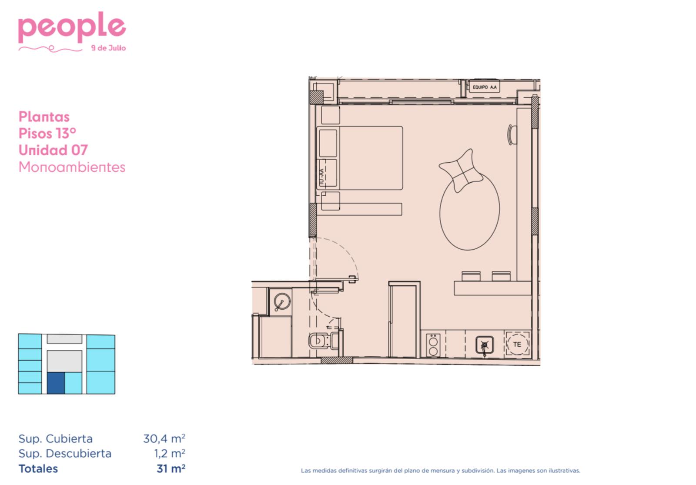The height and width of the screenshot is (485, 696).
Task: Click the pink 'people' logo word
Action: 72,27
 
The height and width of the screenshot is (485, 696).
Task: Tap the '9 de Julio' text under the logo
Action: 108,48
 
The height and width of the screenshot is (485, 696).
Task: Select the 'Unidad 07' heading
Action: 53,150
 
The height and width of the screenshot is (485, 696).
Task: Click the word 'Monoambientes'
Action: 72,167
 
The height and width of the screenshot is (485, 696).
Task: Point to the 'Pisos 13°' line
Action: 47,134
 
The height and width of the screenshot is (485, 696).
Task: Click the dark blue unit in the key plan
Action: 56,383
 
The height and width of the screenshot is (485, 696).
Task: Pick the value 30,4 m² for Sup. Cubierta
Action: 164,438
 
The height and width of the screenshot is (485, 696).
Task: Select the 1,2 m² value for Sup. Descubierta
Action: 170,453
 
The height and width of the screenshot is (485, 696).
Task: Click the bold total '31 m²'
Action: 171,468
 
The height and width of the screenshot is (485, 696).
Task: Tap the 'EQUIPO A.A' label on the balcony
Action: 485,87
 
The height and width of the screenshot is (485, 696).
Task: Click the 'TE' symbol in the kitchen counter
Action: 517,344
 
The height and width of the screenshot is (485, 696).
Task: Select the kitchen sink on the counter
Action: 485,345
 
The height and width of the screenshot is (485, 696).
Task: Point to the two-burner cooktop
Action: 433,345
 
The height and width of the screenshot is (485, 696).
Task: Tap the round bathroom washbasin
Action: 282,301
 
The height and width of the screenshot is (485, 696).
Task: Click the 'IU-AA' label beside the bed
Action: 321,175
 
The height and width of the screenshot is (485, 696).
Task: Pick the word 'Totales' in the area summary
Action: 38,468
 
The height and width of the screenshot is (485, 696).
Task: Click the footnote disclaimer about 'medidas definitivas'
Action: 440,471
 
